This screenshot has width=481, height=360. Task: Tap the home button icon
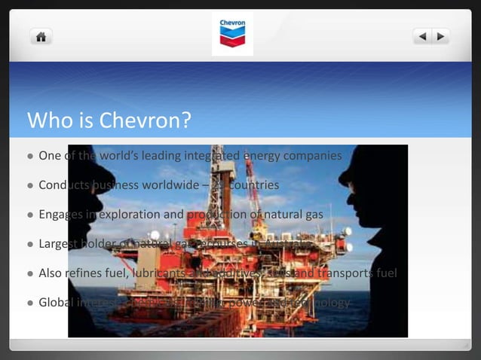pyautogui.click(x=41, y=36)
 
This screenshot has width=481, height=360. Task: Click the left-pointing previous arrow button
pyautogui.click(x=422, y=36)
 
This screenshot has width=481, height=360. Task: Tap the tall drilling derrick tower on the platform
pyautogui.click(x=220, y=181)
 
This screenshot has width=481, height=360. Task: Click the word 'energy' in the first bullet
pyautogui.click(x=263, y=156)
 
